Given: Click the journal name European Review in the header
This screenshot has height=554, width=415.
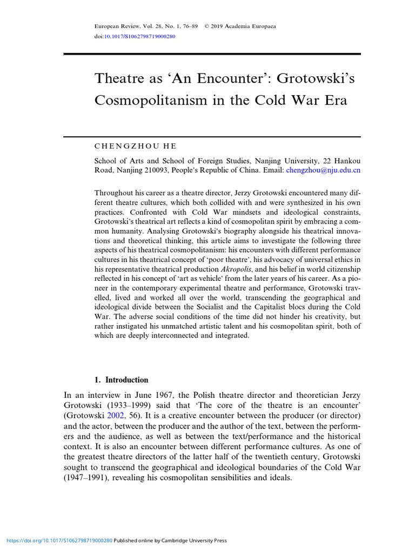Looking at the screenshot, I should [115, 27].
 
